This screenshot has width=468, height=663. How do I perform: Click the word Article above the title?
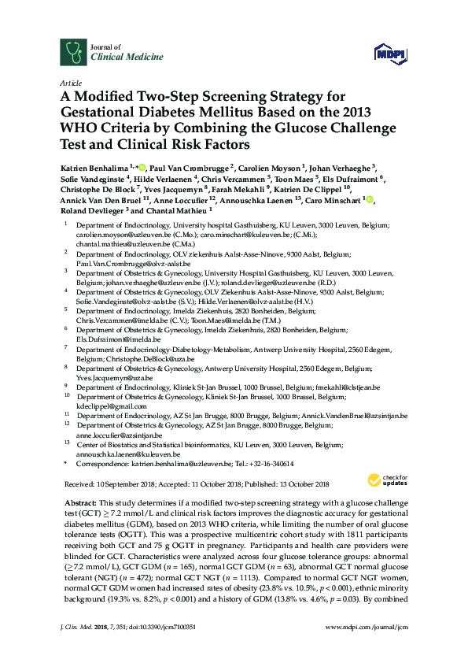click(x=69, y=82)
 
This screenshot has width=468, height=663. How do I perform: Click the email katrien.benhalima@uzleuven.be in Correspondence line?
click(x=165, y=464)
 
